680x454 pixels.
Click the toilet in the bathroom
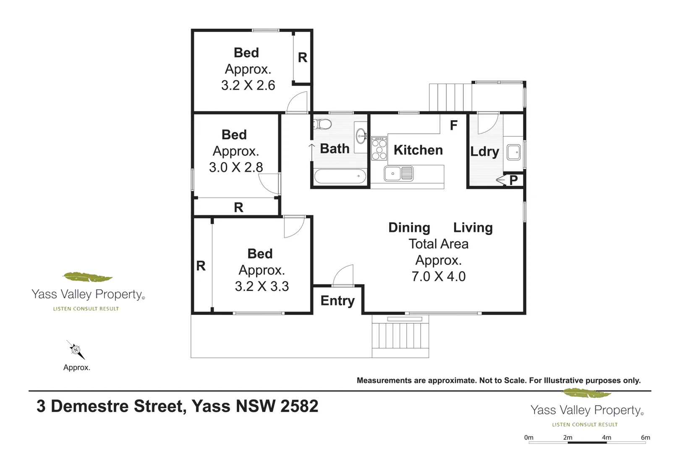click(x=322, y=124)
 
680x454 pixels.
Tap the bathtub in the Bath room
click(x=340, y=176)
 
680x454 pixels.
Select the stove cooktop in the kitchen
click(x=379, y=148)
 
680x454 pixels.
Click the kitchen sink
click(x=398, y=174)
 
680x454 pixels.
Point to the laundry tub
click(x=513, y=152)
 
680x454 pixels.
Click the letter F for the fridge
click(x=453, y=125)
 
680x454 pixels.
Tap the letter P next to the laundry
click(x=513, y=180)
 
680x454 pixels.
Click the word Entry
click(x=337, y=301)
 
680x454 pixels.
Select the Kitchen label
click(x=418, y=150)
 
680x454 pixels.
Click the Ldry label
click(x=484, y=151)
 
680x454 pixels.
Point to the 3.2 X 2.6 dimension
click(x=248, y=85)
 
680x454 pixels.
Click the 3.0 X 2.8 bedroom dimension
click(x=236, y=167)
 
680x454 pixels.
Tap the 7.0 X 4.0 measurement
click(x=439, y=277)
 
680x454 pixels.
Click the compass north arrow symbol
click(x=76, y=350)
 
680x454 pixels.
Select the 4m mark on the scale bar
click(x=607, y=438)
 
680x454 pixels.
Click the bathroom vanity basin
click(x=361, y=136)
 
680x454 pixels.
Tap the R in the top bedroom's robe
click(x=303, y=58)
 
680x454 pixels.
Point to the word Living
click(x=473, y=227)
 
